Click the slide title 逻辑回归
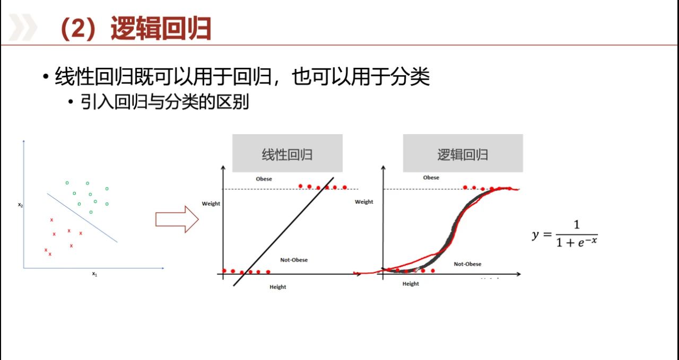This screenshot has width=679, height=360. click(161, 28)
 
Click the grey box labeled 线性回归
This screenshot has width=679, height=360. click(288, 153)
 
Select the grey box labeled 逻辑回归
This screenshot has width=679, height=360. click(463, 153)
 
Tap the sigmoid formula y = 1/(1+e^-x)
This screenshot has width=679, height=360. click(565, 234)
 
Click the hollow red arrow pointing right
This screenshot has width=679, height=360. click(177, 219)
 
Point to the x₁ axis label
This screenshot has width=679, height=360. click(94, 274)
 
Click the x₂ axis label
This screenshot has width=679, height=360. click(20, 205)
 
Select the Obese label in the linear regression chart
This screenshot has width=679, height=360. click(264, 179)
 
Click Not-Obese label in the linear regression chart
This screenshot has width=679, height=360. click(294, 260)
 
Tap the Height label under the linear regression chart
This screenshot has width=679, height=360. click(277, 287)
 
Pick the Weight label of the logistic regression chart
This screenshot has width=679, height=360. click(364, 202)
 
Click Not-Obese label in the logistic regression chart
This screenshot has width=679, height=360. click(467, 264)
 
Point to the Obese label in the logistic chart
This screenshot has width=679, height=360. click(431, 178)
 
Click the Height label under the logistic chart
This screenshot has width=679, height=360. click(411, 284)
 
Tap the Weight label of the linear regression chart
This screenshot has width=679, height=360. click(211, 204)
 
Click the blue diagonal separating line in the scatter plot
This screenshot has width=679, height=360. click(82, 217)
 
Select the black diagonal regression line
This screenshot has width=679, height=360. click(283, 232)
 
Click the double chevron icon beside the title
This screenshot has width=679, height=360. click(23, 27)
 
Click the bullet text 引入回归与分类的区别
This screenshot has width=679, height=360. click(164, 102)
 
